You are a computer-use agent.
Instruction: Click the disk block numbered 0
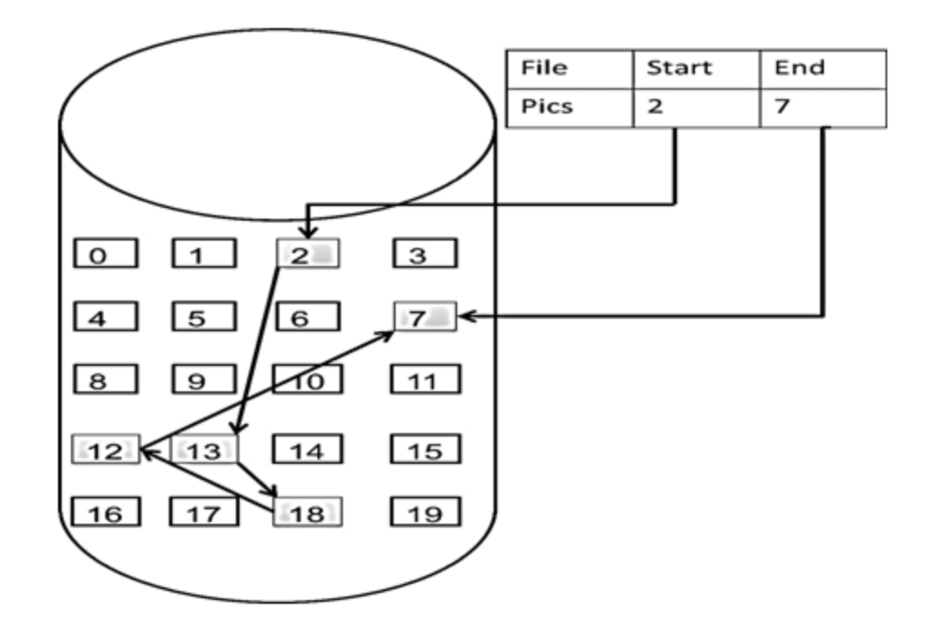pos(105,253)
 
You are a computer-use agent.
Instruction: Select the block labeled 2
pos(308,253)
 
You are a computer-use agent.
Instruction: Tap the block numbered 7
pos(425,316)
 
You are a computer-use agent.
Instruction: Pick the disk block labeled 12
pos(106,449)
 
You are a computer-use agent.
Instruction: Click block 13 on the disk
pos(204,449)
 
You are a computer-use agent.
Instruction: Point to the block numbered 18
pos(308,511)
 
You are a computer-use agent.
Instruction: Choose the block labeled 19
pos(425,511)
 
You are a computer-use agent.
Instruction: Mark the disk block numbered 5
pos(204,316)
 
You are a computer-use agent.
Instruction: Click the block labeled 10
pos(308,379)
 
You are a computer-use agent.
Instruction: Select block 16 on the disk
pos(106,511)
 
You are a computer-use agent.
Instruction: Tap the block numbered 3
pos(425,253)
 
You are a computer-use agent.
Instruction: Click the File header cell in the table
pos(570,69)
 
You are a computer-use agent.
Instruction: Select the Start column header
pos(697,69)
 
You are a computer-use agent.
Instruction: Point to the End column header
pos(824,69)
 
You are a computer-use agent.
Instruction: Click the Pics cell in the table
pos(570,108)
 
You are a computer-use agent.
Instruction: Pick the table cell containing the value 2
pos(697,108)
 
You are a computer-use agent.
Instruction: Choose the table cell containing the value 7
pos(824,108)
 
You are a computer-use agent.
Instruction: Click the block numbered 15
pos(425,449)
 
